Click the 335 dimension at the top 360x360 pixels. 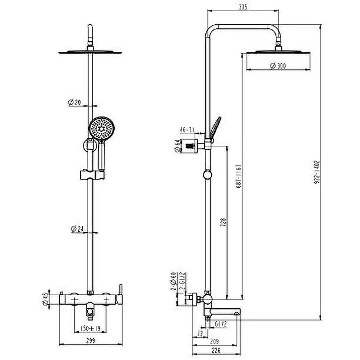tap(243, 7)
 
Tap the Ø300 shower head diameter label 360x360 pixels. tap(278, 66)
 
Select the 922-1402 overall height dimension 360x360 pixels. tap(317, 172)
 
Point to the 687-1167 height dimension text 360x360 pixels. tap(239, 176)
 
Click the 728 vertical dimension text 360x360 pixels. tap(223, 222)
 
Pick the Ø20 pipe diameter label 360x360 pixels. tap(75, 102)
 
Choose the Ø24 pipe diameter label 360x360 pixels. tap(77, 229)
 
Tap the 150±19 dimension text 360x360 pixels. tap(90, 328)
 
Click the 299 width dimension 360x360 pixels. tap(91, 341)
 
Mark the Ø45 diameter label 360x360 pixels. tap(45, 299)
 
